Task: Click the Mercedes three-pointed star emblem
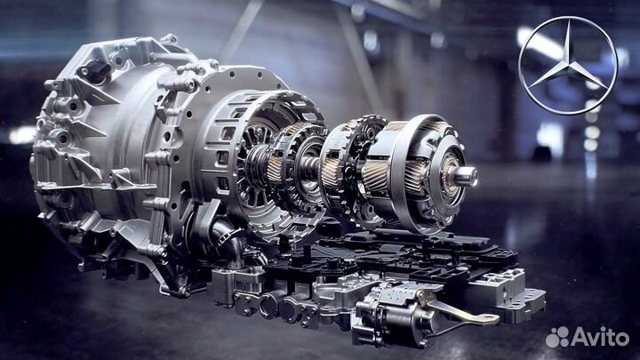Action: pos(568,65)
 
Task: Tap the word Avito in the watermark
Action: pos(600,337)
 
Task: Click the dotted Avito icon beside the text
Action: pos(557,337)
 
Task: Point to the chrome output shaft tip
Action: pos(467,176)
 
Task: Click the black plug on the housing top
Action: pos(96,70)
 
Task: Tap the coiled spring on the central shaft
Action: pos(256,165)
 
